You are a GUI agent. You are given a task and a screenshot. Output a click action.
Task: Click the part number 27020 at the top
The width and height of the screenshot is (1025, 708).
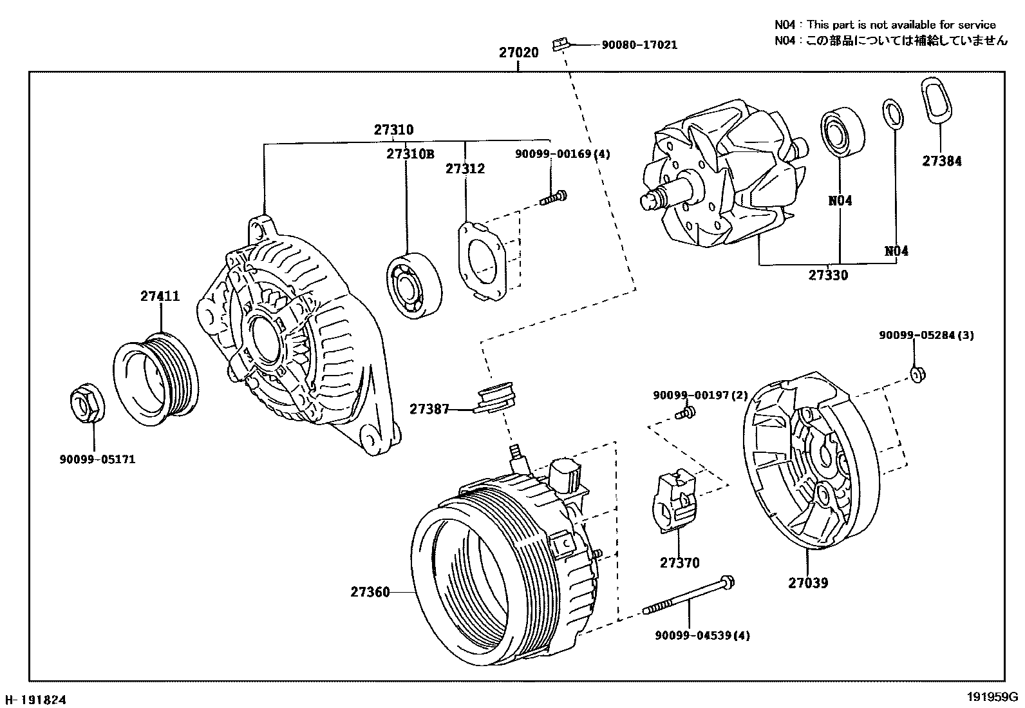[x=518, y=52]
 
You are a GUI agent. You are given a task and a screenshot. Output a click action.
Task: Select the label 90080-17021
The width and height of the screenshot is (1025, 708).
[x=639, y=45]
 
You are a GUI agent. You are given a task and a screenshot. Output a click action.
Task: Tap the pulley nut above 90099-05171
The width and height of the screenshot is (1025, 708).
[x=85, y=403]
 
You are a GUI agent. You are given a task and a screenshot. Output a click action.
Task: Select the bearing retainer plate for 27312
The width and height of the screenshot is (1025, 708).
[x=481, y=260]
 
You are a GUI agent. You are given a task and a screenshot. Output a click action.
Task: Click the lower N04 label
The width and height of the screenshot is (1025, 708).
[x=896, y=251]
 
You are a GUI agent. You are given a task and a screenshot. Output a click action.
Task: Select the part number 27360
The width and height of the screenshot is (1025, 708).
[x=370, y=591]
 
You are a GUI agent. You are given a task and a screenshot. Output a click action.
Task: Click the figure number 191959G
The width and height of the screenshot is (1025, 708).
[x=990, y=697]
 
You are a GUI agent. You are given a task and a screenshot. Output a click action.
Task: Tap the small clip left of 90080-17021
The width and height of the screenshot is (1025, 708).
[x=559, y=44]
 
